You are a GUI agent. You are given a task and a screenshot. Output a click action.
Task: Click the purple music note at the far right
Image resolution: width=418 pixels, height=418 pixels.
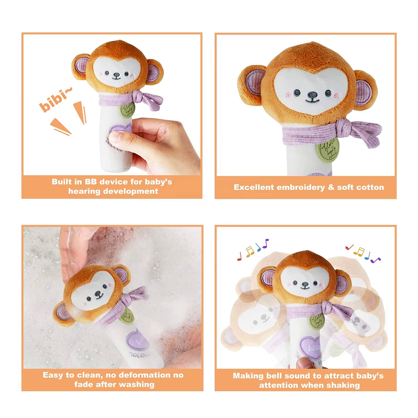pos(376,259)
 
